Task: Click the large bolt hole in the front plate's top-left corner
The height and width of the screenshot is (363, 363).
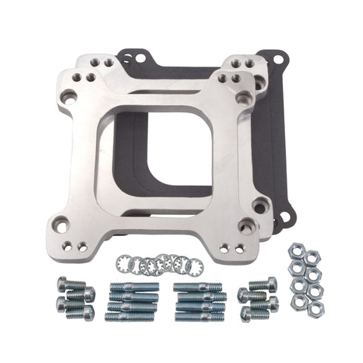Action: (x=69, y=95)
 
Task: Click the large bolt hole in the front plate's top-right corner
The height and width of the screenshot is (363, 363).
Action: (x=244, y=98)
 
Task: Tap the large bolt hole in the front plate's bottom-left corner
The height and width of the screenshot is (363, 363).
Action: (x=60, y=223)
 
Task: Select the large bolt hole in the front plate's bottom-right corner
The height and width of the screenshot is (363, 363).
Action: (x=244, y=225)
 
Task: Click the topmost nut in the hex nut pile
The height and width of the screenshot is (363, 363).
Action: (x=296, y=250)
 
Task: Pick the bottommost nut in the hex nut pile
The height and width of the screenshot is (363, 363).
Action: (x=316, y=309)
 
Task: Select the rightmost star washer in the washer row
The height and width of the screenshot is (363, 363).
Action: (x=190, y=262)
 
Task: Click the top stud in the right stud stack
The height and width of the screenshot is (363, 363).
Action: (x=198, y=287)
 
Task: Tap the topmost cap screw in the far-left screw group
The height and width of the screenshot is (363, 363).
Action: (x=74, y=286)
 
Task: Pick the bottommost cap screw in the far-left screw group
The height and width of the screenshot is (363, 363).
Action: (x=77, y=312)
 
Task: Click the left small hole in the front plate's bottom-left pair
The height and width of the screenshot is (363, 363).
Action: (x=69, y=246)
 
